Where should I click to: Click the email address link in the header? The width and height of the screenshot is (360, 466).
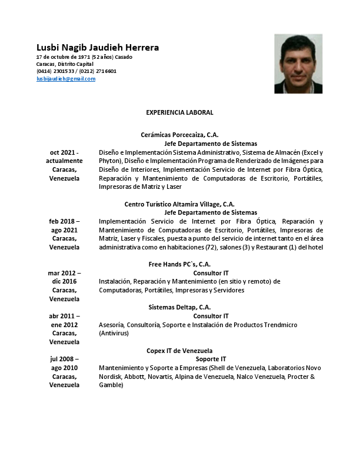(66, 79)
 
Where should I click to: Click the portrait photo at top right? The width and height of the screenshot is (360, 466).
(298, 64)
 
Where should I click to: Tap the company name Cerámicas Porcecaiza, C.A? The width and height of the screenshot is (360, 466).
(179, 135)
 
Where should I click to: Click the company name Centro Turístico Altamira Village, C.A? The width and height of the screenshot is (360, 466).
(179, 204)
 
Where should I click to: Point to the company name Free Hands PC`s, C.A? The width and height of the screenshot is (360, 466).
(179, 264)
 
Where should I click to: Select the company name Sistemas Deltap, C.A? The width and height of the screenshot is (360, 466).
(179, 307)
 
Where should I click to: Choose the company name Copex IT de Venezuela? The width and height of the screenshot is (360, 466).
(179, 351)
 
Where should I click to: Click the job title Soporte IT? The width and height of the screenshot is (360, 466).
(211, 359)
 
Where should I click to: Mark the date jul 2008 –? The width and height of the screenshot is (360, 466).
(64, 359)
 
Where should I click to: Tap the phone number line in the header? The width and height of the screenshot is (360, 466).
(76, 71)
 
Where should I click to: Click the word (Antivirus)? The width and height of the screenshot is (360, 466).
(113, 333)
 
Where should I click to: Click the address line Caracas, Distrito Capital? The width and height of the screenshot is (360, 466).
(65, 64)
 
